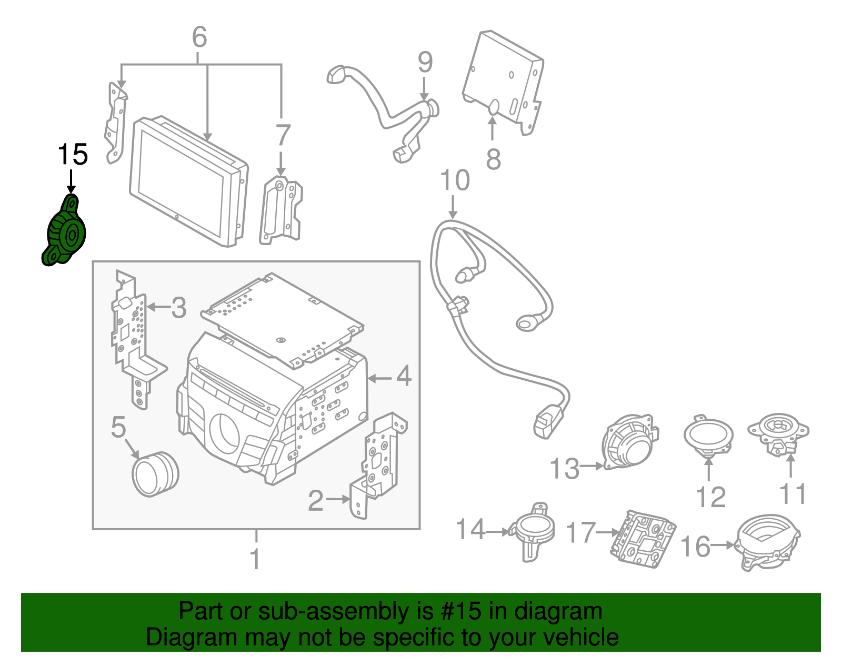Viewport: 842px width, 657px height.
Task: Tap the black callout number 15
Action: pyautogui.click(x=73, y=155)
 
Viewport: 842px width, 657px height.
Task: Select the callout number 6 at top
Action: pyautogui.click(x=199, y=38)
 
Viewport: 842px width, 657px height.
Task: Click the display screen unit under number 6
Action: pyautogui.click(x=187, y=181)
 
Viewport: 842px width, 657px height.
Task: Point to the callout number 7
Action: pyautogui.click(x=283, y=136)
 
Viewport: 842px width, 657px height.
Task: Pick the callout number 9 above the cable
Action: pyautogui.click(x=425, y=63)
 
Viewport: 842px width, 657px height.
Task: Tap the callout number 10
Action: pyautogui.click(x=455, y=180)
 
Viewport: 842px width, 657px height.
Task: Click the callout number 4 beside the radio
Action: pyautogui.click(x=404, y=377)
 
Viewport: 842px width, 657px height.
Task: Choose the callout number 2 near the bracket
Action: pyautogui.click(x=316, y=500)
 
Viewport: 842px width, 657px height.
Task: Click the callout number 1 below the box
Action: pyautogui.click(x=255, y=559)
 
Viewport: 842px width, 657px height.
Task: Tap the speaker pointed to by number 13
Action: pyautogui.click(x=629, y=442)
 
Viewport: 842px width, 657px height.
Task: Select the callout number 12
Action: pyautogui.click(x=710, y=497)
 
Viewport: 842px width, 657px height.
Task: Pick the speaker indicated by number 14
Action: pyautogui.click(x=534, y=531)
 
